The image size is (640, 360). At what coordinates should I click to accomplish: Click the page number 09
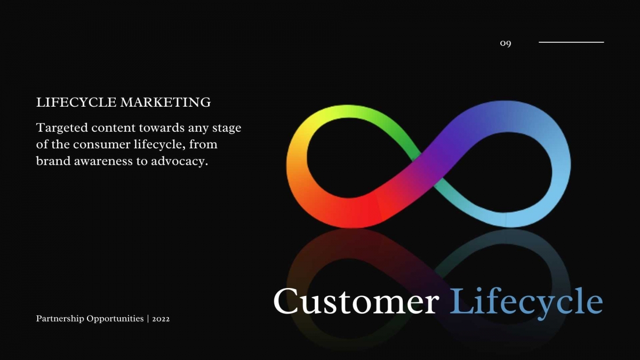tap(506, 43)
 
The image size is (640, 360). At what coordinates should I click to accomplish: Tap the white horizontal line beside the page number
tap(571, 42)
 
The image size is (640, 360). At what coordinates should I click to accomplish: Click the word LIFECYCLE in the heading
tap(76, 102)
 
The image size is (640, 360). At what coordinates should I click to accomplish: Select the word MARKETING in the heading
tap(165, 102)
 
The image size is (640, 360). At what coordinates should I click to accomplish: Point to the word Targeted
tap(62, 128)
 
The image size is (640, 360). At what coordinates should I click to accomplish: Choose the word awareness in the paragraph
tap(103, 162)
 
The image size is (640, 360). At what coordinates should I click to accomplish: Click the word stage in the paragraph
tap(227, 129)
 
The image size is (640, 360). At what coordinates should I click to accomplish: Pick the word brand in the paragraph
tap(53, 161)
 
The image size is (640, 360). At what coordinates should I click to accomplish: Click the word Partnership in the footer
tap(60, 318)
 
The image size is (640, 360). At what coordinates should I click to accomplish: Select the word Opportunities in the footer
tap(115, 318)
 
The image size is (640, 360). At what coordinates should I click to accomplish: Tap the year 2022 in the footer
tap(161, 319)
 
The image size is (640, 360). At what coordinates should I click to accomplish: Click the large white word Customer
tap(356, 301)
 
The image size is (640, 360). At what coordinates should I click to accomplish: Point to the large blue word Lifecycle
tap(526, 303)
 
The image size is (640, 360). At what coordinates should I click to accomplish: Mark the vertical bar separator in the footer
tap(148, 319)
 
